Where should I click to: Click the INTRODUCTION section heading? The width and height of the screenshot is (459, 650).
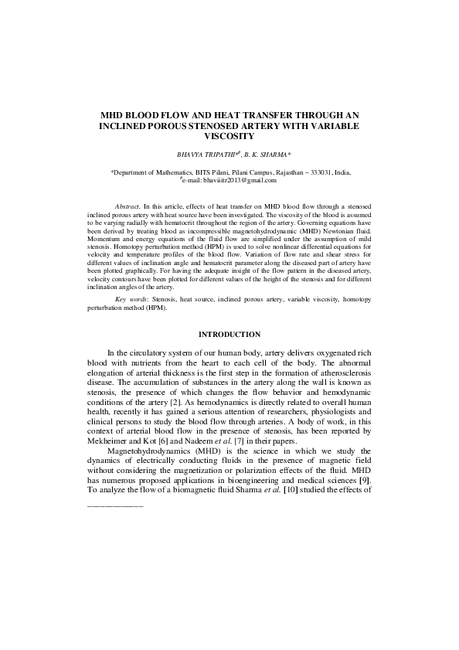click(x=229, y=335)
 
